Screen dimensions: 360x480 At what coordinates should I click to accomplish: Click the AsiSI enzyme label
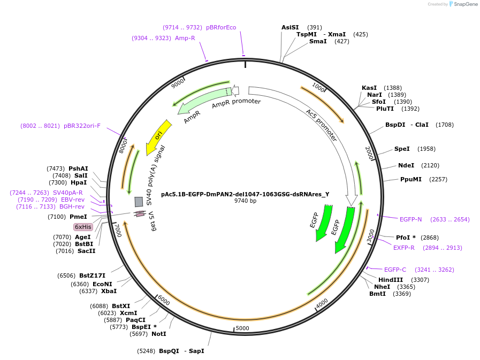click(x=290, y=27)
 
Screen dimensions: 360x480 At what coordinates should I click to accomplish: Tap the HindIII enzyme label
click(x=391, y=280)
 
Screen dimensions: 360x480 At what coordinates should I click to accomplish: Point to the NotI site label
click(x=158, y=334)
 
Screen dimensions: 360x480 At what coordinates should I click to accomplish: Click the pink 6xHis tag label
click(x=83, y=227)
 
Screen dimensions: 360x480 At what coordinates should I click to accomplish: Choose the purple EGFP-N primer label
click(x=411, y=219)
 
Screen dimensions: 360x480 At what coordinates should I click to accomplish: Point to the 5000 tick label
click(x=242, y=328)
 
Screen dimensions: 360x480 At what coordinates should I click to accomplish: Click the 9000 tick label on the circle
click(x=177, y=84)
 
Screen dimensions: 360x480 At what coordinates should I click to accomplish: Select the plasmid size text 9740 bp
click(x=245, y=201)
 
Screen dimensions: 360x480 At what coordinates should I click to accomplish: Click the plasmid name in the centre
click(x=245, y=194)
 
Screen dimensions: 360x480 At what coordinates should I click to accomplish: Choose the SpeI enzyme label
click(x=402, y=149)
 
